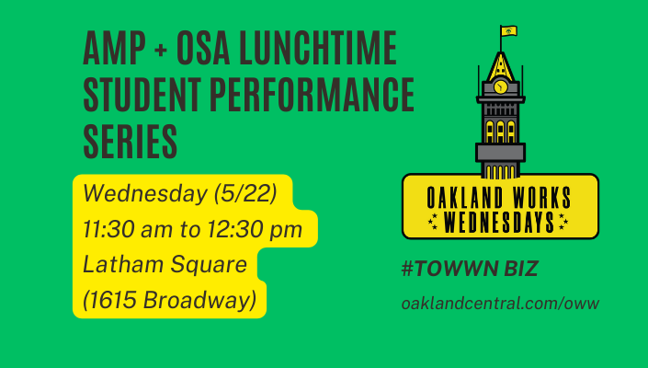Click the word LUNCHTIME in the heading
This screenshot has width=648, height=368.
click(x=318, y=48)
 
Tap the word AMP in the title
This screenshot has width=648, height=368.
click(x=115, y=48)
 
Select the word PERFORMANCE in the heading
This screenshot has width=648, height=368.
click(x=312, y=95)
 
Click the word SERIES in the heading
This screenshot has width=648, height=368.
click(x=131, y=142)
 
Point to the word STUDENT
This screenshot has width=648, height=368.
click(x=142, y=95)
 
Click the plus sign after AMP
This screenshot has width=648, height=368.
click(x=161, y=50)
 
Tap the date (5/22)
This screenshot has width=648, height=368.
click(x=245, y=193)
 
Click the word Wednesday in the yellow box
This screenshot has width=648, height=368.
click(x=145, y=193)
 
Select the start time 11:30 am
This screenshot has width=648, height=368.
click(x=128, y=229)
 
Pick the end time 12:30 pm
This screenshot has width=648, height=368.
click(x=255, y=229)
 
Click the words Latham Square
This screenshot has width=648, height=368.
click(x=165, y=265)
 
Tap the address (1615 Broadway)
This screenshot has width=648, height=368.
click(x=169, y=300)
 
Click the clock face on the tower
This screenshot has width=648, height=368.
click(x=500, y=86)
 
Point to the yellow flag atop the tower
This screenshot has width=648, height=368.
click(x=509, y=31)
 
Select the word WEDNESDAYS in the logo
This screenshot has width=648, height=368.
click(x=499, y=223)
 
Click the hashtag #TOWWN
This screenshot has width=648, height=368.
click(x=449, y=269)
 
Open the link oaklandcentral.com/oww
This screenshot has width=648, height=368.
click(x=500, y=303)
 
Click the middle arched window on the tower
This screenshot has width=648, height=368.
click(x=500, y=132)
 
